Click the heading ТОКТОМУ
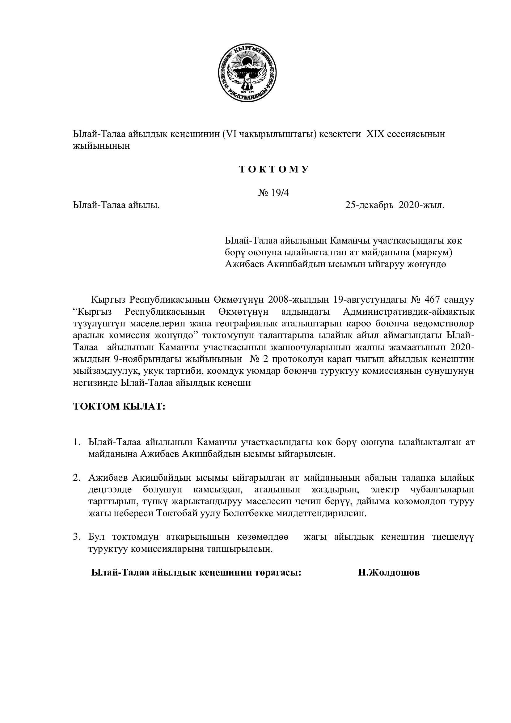[x=274, y=170]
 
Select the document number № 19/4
[x=273, y=193]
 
